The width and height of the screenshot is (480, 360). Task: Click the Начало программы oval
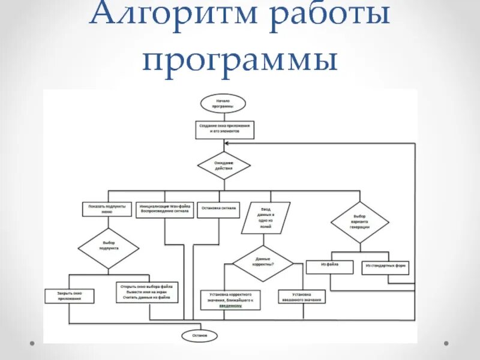click(223, 103)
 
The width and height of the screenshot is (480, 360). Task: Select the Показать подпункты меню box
click(107, 209)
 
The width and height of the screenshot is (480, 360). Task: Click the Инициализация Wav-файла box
click(165, 209)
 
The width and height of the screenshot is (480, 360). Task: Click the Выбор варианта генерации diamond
click(360, 223)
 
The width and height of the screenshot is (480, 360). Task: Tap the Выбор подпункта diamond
click(109, 248)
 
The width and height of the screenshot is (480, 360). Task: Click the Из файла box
click(329, 268)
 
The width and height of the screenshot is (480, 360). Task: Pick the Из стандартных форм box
click(385, 268)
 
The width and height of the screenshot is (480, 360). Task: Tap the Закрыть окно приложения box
click(70, 296)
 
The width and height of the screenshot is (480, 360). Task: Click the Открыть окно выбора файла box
click(148, 292)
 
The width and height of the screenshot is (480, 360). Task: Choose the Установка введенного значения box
click(301, 297)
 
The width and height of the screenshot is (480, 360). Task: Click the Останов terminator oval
click(200, 336)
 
